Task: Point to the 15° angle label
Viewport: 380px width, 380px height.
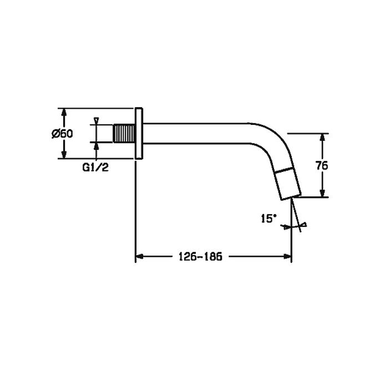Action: click(x=267, y=219)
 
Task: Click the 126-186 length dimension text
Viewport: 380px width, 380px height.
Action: click(x=200, y=256)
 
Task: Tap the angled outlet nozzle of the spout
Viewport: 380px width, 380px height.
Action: click(x=288, y=183)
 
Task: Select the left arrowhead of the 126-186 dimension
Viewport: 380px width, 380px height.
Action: click(x=140, y=256)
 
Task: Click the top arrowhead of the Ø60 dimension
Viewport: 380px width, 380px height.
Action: click(x=65, y=113)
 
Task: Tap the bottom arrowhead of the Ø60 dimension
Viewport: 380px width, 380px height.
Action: click(x=65, y=155)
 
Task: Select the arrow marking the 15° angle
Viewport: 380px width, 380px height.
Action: click(x=286, y=226)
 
